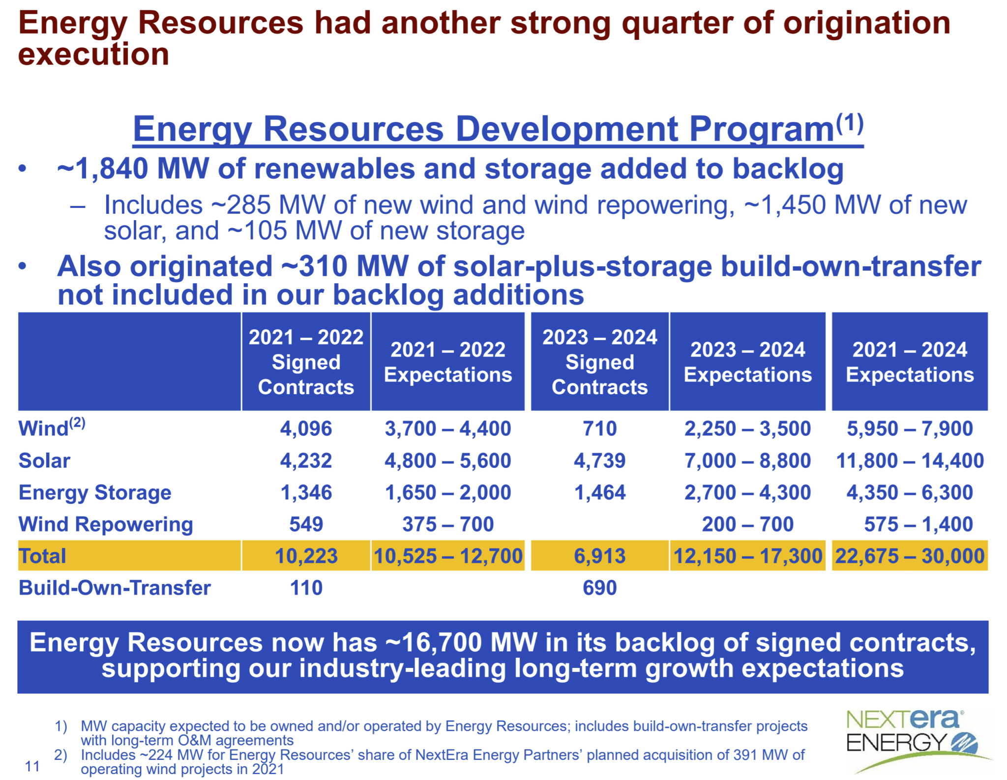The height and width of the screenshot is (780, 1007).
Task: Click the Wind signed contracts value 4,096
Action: tap(306, 429)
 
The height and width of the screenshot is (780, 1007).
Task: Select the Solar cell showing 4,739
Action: tap(599, 461)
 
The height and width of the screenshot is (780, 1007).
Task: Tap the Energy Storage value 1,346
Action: tap(306, 492)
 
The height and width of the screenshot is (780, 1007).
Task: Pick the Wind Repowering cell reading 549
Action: tap(306, 524)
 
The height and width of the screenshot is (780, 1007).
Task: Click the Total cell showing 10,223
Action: tap(306, 556)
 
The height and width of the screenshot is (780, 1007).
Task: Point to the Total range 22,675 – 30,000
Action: tap(910, 556)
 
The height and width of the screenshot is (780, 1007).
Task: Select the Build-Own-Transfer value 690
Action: tap(599, 588)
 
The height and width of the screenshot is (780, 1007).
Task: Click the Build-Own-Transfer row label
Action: tap(115, 588)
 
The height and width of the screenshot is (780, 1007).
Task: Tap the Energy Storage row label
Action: tap(95, 492)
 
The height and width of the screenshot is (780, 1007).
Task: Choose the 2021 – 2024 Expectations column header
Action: tap(910, 362)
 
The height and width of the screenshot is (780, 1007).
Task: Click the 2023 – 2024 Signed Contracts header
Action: tap(599, 362)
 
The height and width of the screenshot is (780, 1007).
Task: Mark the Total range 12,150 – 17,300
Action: tap(747, 556)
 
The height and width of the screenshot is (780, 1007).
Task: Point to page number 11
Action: tap(32, 766)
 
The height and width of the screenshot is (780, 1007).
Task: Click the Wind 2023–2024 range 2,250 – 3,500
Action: tap(747, 429)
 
